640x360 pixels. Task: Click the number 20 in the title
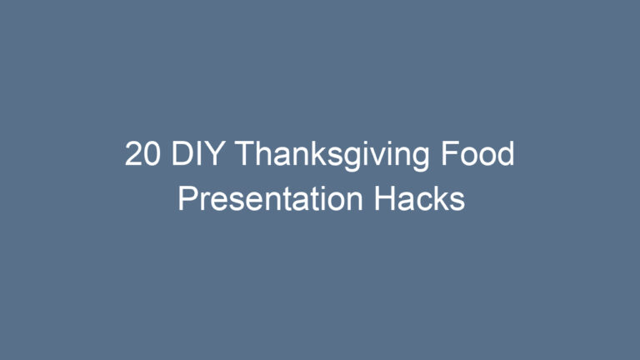(x=142, y=155)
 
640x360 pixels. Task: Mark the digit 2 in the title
(x=133, y=155)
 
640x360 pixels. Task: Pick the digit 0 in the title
(x=152, y=155)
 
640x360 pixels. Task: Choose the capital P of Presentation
(x=187, y=200)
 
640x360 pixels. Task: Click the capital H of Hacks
(x=385, y=200)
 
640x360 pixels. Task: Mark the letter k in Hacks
(x=440, y=200)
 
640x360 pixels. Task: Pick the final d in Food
(x=506, y=155)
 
